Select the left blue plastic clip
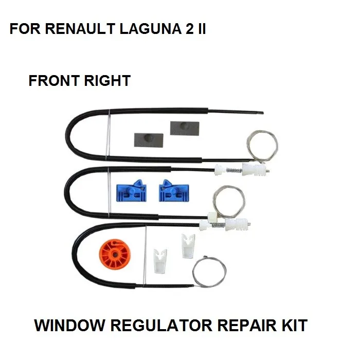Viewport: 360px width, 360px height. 131,190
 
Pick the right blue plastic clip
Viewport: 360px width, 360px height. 172,190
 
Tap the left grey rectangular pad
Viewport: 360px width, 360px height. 148,138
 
